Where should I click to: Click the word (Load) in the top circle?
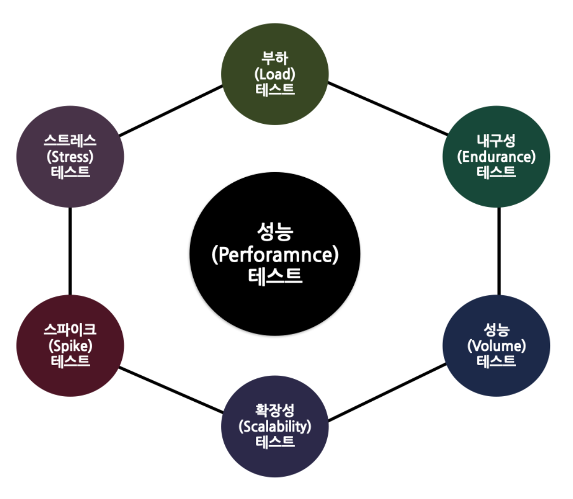[275, 74]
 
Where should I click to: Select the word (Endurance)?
[496, 157]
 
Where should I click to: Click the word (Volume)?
[496, 346]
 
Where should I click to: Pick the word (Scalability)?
[275, 426]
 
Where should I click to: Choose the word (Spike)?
[70, 346]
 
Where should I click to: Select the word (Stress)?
[70, 155]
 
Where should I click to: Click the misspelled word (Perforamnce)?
[275, 255]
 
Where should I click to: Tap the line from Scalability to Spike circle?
[171, 390]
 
